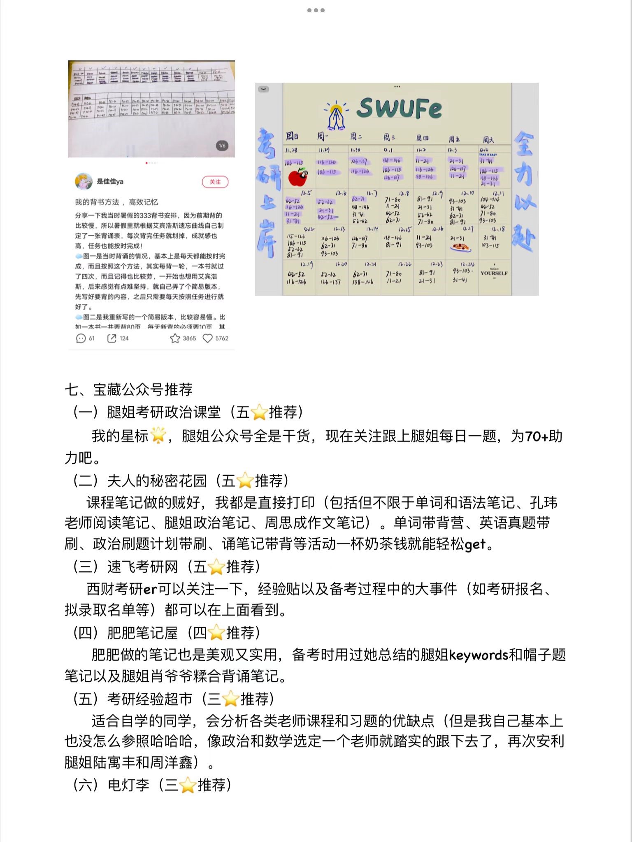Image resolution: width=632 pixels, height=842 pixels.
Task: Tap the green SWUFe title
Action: [x=399, y=108]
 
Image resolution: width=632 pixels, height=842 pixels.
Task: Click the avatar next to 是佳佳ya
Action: [x=84, y=181]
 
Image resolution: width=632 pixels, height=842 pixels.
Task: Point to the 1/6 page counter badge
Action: [x=222, y=146]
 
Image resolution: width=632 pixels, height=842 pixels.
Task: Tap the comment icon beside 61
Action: [x=81, y=338]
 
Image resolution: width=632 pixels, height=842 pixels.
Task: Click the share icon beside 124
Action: [x=112, y=338]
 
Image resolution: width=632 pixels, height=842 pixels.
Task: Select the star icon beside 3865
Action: [x=175, y=338]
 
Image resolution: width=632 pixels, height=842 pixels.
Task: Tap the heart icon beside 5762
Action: [x=208, y=338]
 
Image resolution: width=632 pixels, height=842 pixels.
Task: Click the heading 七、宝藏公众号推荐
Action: [x=128, y=389]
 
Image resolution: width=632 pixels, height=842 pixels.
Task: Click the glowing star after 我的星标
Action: [x=158, y=436]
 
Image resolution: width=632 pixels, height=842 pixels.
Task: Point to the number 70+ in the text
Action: [x=536, y=436]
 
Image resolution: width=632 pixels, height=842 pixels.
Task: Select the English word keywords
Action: [x=479, y=655]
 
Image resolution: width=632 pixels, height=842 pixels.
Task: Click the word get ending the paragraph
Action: [x=475, y=544]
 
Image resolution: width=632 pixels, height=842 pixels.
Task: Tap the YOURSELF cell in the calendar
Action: [x=494, y=273]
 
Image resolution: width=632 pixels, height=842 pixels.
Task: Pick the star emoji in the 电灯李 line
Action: [x=188, y=785]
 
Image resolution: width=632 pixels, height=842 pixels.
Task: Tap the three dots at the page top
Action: [x=316, y=10]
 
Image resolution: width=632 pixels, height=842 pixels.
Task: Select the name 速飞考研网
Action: [x=142, y=567]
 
